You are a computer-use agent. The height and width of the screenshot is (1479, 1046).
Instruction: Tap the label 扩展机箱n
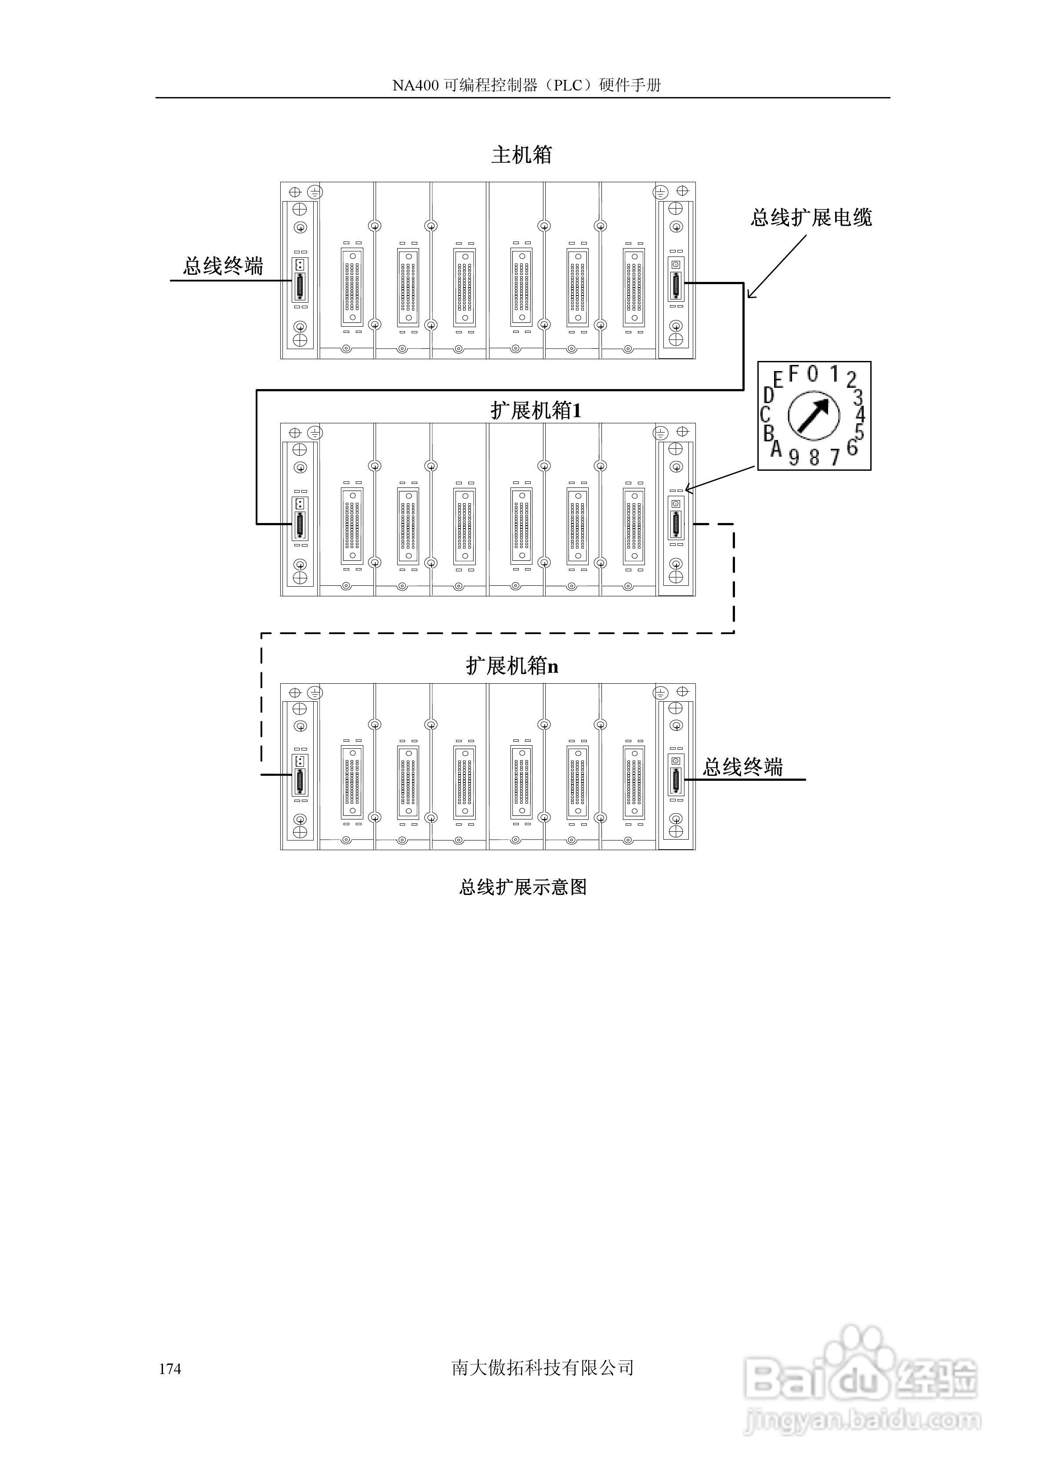click(512, 665)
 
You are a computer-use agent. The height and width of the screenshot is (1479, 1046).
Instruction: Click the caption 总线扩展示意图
click(523, 887)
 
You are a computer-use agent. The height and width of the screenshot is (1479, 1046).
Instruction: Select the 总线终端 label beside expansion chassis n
click(742, 767)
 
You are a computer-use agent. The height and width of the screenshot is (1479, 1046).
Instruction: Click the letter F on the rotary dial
click(793, 372)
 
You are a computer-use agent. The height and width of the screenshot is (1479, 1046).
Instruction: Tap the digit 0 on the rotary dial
click(813, 373)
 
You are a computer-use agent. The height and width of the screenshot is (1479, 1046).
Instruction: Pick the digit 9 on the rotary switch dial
click(794, 457)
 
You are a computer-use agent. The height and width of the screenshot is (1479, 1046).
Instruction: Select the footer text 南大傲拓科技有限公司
click(543, 1367)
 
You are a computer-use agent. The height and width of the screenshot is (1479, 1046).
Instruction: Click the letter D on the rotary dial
click(768, 394)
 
